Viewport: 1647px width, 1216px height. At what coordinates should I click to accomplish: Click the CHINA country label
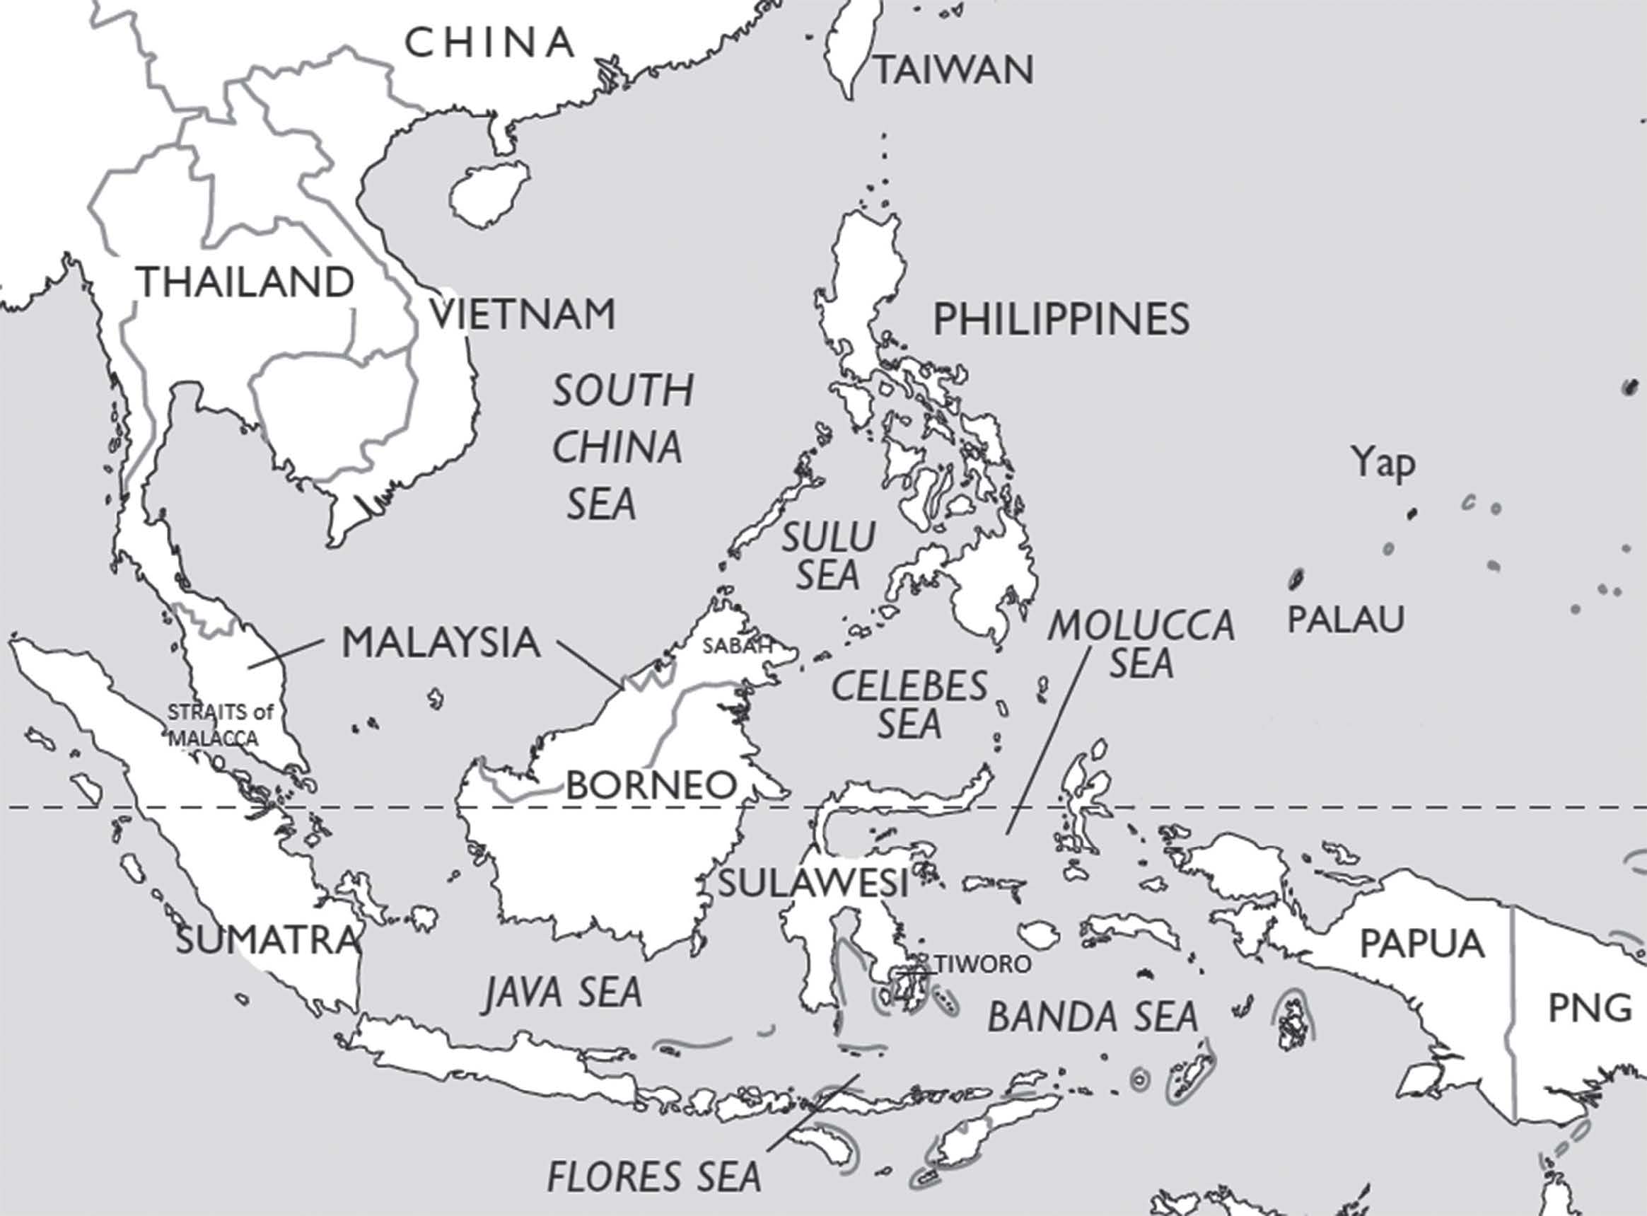point(490,42)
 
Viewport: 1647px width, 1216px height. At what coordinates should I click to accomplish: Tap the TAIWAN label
point(955,71)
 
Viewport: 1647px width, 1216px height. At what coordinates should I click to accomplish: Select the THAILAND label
point(247,283)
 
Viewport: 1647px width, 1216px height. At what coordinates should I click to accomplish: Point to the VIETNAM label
point(523,315)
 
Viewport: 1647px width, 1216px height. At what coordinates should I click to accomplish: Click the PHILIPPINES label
point(1061,320)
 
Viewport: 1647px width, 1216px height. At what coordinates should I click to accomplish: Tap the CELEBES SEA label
point(909,705)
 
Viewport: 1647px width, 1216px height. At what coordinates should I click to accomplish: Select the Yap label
point(1383,464)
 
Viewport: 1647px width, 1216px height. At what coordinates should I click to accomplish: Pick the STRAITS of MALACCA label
point(219,725)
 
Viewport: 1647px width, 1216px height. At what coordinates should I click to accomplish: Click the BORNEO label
point(651,785)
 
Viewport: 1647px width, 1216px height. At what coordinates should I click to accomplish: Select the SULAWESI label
point(813,884)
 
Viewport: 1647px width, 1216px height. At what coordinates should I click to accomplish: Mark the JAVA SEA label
point(563,992)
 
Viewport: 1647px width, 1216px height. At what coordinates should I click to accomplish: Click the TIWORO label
point(982,963)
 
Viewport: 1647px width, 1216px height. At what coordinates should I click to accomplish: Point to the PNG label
point(1590,1008)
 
